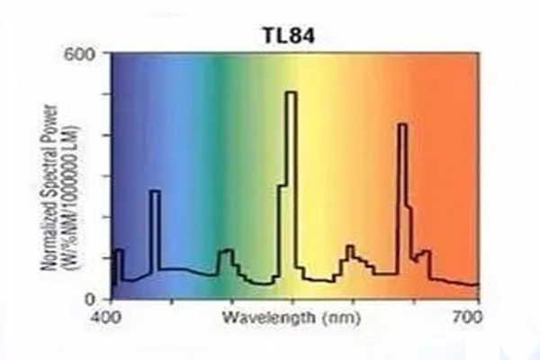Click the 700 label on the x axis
click(466, 318)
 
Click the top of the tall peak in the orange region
click(402, 124)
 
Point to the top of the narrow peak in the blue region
click(154, 191)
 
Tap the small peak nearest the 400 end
click(119, 250)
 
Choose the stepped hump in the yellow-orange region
click(351, 247)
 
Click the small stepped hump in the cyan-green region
click(226, 251)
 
